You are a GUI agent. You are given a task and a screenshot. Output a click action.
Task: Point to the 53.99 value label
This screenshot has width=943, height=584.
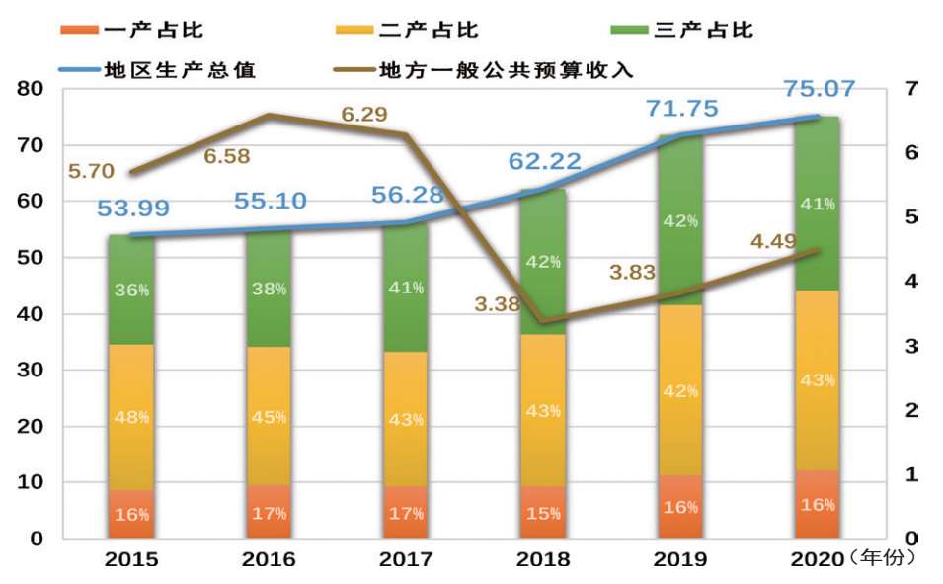133,209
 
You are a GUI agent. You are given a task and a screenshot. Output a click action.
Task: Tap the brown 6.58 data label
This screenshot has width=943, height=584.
227,155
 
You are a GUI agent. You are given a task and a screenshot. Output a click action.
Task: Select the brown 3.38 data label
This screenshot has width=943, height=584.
497,304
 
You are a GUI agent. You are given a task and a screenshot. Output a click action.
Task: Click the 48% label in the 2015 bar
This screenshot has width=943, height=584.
131,417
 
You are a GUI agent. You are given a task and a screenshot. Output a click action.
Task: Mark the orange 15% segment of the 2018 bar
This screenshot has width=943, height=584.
543,512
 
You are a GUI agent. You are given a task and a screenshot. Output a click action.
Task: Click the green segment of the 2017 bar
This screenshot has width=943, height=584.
406,287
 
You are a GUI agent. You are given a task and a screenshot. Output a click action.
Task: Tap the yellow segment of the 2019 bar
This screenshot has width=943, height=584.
680,390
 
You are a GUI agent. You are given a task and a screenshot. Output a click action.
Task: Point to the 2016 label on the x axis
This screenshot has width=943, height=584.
269,559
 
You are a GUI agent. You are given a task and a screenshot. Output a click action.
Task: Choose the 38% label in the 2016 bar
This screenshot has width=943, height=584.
269,289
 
